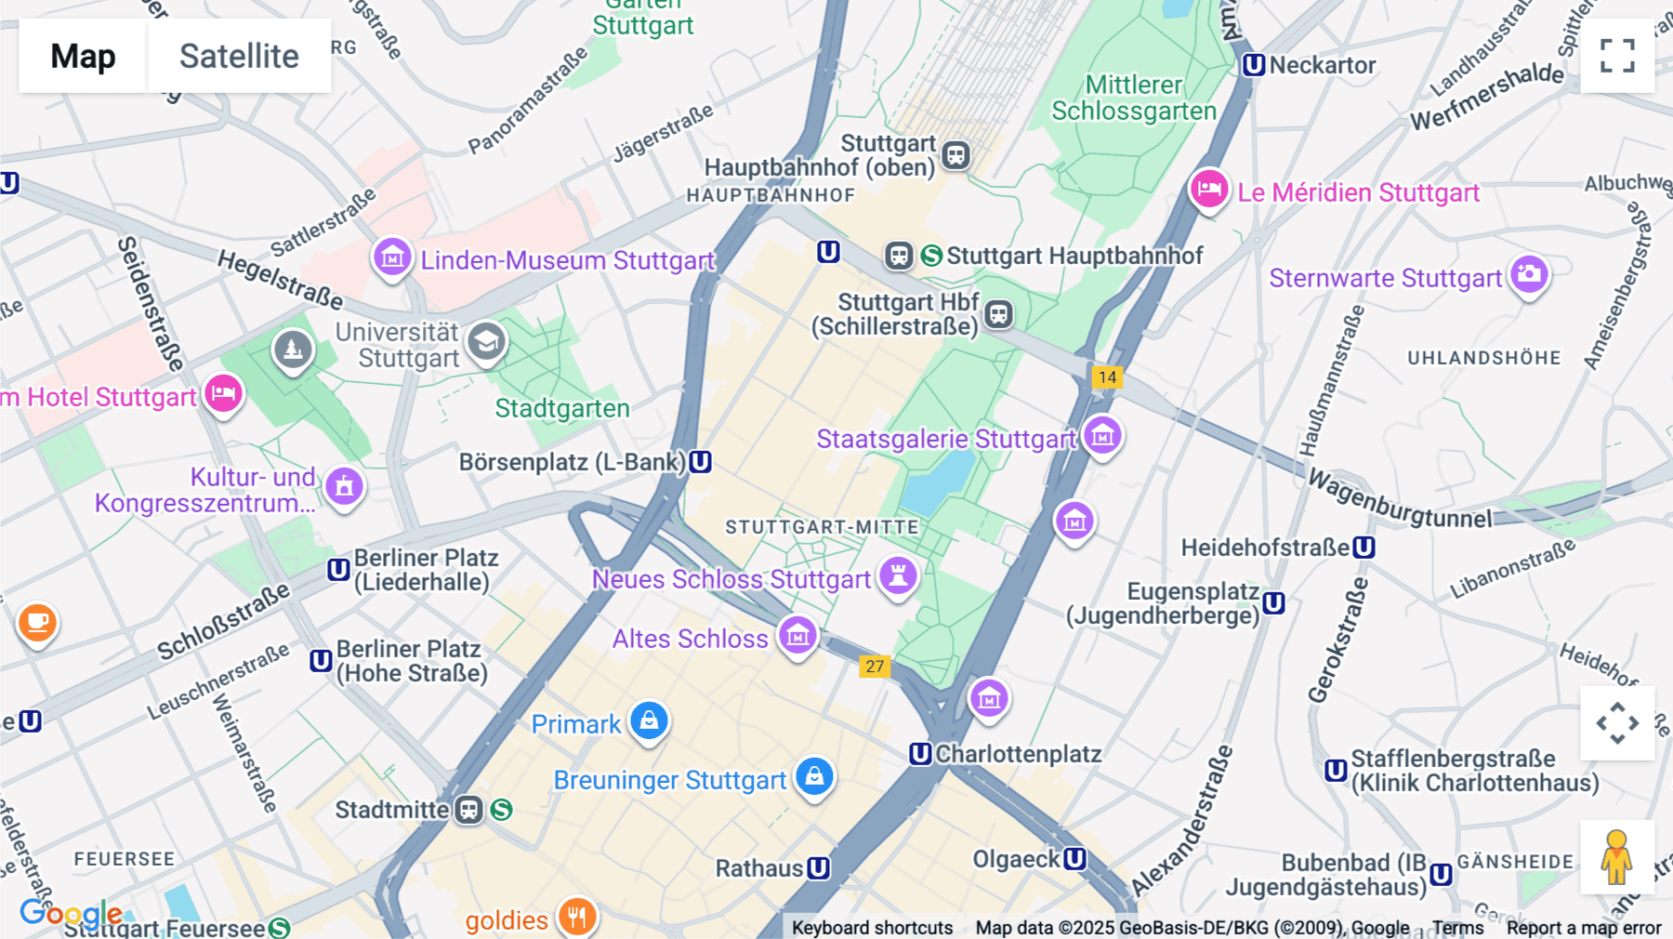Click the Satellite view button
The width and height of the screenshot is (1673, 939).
click(x=239, y=56)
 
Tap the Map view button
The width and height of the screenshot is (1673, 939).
click(x=83, y=56)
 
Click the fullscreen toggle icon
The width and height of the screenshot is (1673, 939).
click(x=1617, y=56)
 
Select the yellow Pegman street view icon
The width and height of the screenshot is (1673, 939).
click(x=1616, y=857)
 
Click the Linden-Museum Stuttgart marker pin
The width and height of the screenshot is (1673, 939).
click(x=392, y=257)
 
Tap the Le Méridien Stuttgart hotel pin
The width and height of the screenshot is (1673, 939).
click(x=1208, y=190)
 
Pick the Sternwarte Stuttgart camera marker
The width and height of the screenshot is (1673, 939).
click(x=1529, y=274)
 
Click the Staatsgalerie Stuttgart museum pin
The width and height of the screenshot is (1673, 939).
click(x=1102, y=435)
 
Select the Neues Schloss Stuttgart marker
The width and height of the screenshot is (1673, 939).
click(x=898, y=575)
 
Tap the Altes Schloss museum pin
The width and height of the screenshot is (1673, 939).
click(x=797, y=636)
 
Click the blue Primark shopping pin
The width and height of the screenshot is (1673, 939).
click(x=649, y=721)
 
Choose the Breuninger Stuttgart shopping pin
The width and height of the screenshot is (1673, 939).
click(x=814, y=776)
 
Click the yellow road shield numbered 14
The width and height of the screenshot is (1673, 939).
click(x=1106, y=377)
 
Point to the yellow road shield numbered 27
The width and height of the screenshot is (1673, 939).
click(x=875, y=667)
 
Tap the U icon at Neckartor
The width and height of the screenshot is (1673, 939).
click(x=1254, y=65)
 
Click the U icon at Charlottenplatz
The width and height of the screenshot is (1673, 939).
click(x=920, y=754)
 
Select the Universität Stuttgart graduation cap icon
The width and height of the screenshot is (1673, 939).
click(x=486, y=342)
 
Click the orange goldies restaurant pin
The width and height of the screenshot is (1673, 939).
click(x=577, y=917)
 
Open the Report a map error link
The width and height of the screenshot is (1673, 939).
click(x=1583, y=928)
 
